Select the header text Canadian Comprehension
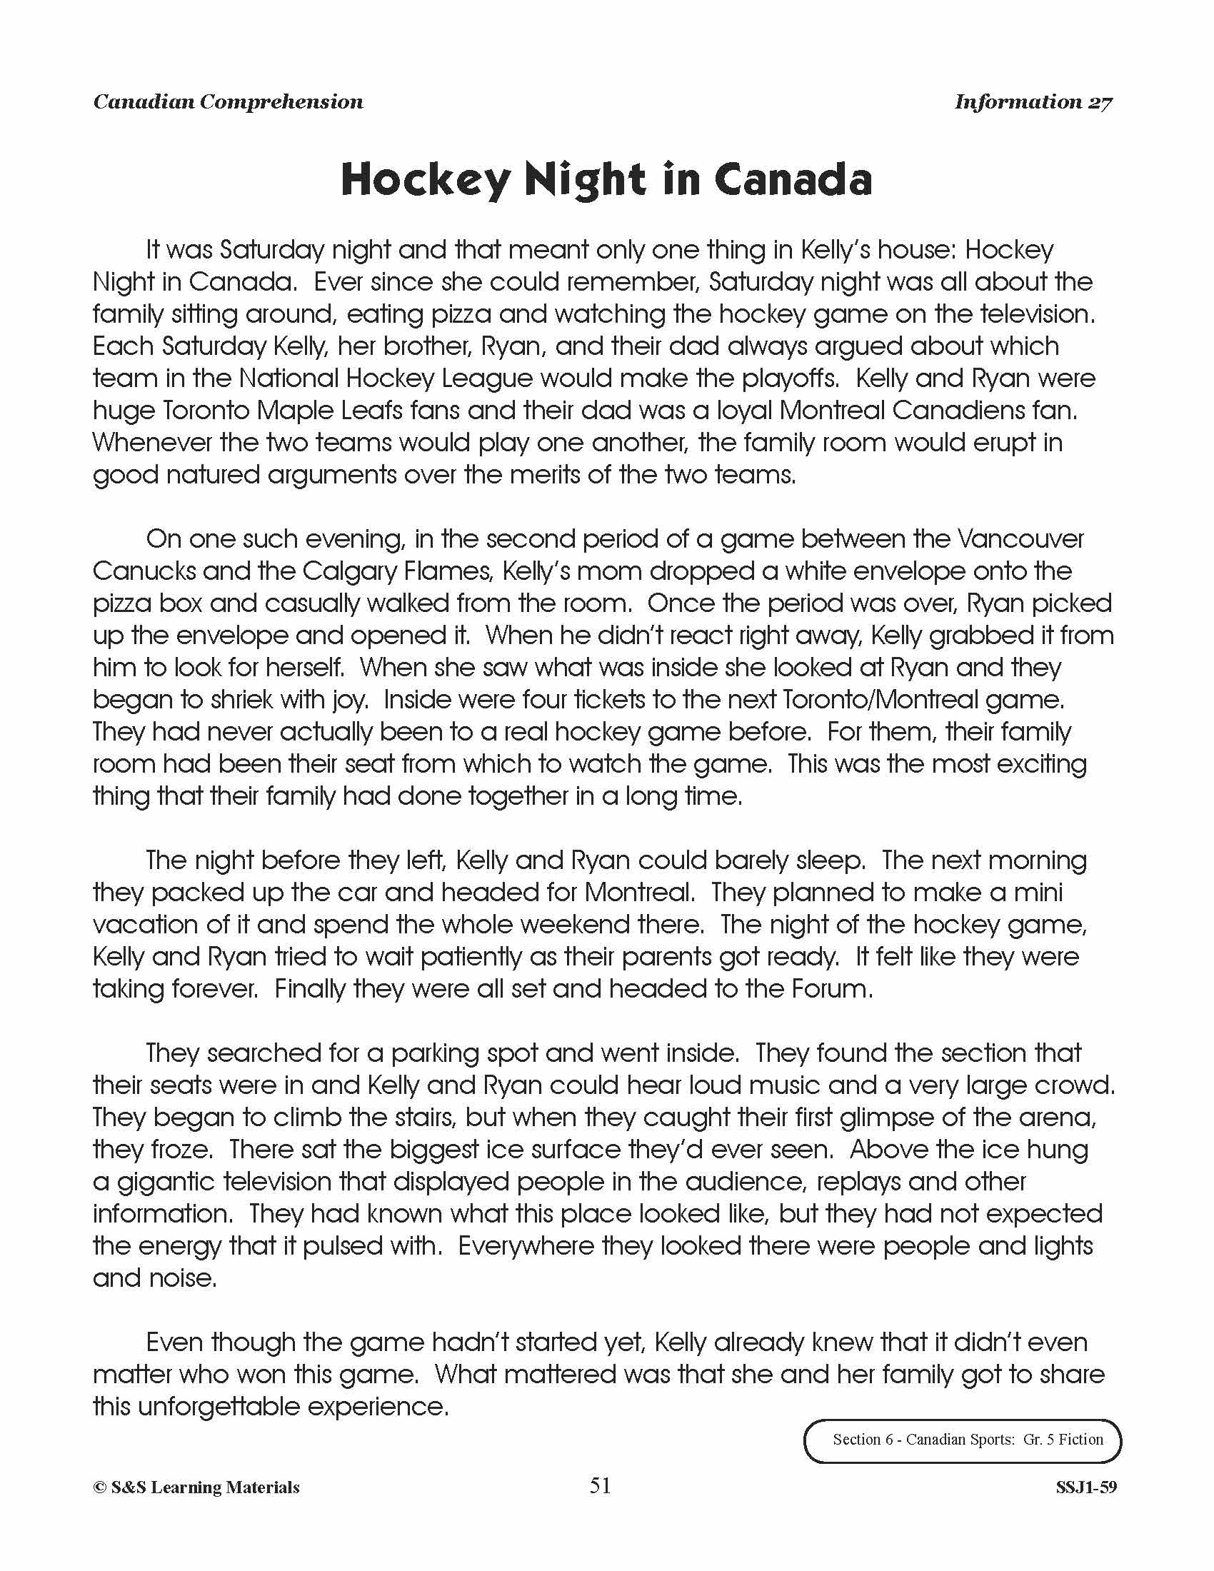(x=228, y=102)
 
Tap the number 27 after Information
(x=1100, y=102)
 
